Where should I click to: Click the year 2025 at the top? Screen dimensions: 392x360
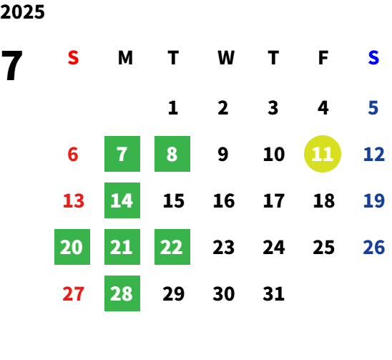22,11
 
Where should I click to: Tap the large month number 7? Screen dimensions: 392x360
11,65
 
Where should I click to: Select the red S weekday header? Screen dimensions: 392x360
73,58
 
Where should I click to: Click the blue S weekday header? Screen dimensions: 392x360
373,58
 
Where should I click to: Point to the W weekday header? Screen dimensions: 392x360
226,58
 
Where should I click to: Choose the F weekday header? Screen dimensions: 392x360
323,58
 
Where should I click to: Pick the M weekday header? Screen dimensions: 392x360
125,58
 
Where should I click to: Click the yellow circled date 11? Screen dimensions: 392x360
323,154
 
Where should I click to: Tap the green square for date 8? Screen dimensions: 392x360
172,154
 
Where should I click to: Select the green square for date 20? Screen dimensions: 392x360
72,247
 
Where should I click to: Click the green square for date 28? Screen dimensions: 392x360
122,293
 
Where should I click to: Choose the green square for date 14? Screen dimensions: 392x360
122,200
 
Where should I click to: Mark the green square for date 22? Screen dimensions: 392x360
172,247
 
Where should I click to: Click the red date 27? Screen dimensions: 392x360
73,293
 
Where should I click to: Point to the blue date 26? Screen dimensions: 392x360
373,247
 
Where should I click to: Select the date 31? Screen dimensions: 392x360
273,293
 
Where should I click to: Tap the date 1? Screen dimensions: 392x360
173,108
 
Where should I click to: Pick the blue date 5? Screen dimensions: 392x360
373,108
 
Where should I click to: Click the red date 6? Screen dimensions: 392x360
73,154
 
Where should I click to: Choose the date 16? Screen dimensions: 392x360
224,200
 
